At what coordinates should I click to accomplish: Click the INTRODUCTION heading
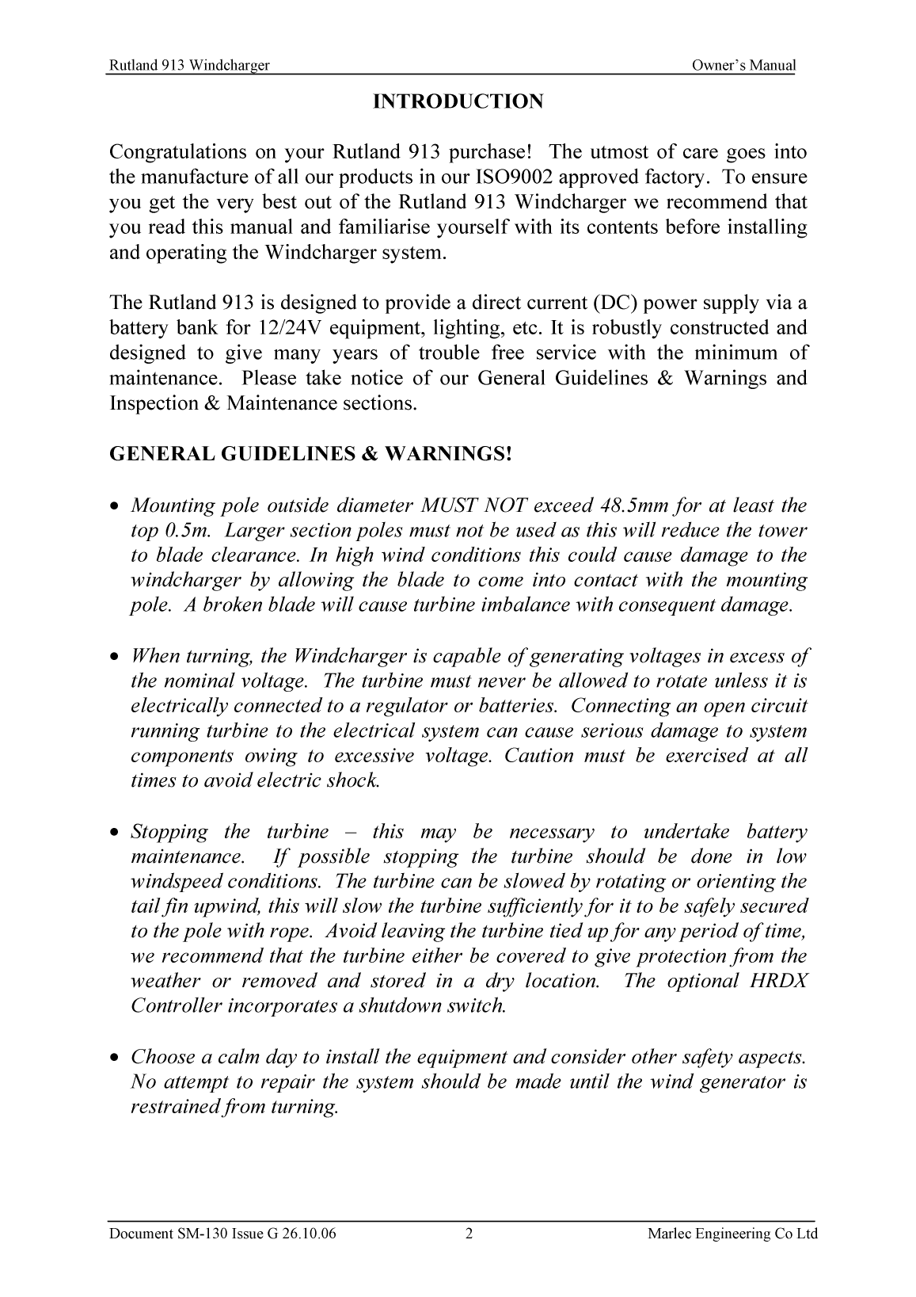(458, 102)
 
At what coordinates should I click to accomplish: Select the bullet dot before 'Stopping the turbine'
(116, 833)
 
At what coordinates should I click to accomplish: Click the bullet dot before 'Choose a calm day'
(116, 1058)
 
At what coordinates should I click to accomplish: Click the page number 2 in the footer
(469, 1234)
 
